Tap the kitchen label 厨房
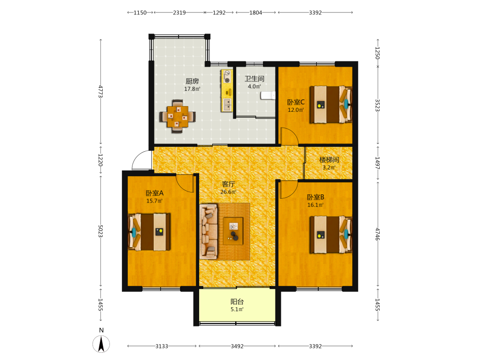click(192, 81)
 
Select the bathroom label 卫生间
click(254, 79)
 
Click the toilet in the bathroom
click(268, 95)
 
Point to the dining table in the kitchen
click(178, 116)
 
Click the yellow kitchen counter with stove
click(227, 91)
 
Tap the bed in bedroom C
click(331, 104)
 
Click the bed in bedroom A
click(149, 232)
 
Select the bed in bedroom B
click(331, 235)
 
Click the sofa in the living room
click(208, 231)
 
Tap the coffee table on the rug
click(233, 231)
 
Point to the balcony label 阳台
click(237, 301)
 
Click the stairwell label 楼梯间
click(329, 159)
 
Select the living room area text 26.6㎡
click(228, 192)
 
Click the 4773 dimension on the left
click(100, 92)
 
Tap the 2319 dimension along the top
click(180, 12)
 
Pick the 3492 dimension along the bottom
click(237, 346)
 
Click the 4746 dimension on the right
click(378, 234)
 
